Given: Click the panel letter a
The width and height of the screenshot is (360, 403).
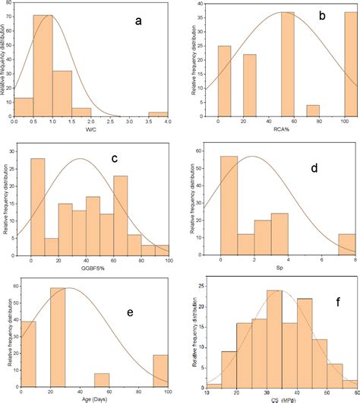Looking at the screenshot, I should [x=138, y=21].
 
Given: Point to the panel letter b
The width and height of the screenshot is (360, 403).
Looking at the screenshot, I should [x=322, y=15].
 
